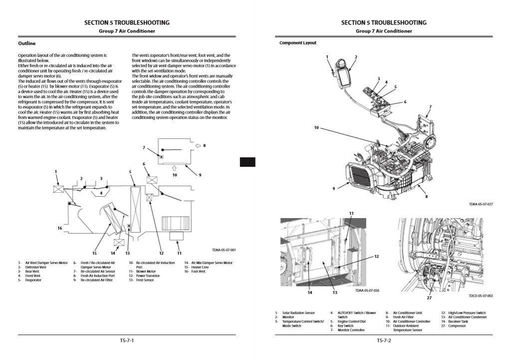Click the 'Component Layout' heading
click(x=297, y=43)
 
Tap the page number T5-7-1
click(x=127, y=341)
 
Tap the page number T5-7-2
click(x=384, y=341)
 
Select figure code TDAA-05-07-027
click(x=481, y=204)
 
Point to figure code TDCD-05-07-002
click(x=481, y=296)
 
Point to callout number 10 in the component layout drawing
click(x=316, y=128)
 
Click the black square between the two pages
click(x=248, y=162)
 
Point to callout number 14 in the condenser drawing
click(x=310, y=292)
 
